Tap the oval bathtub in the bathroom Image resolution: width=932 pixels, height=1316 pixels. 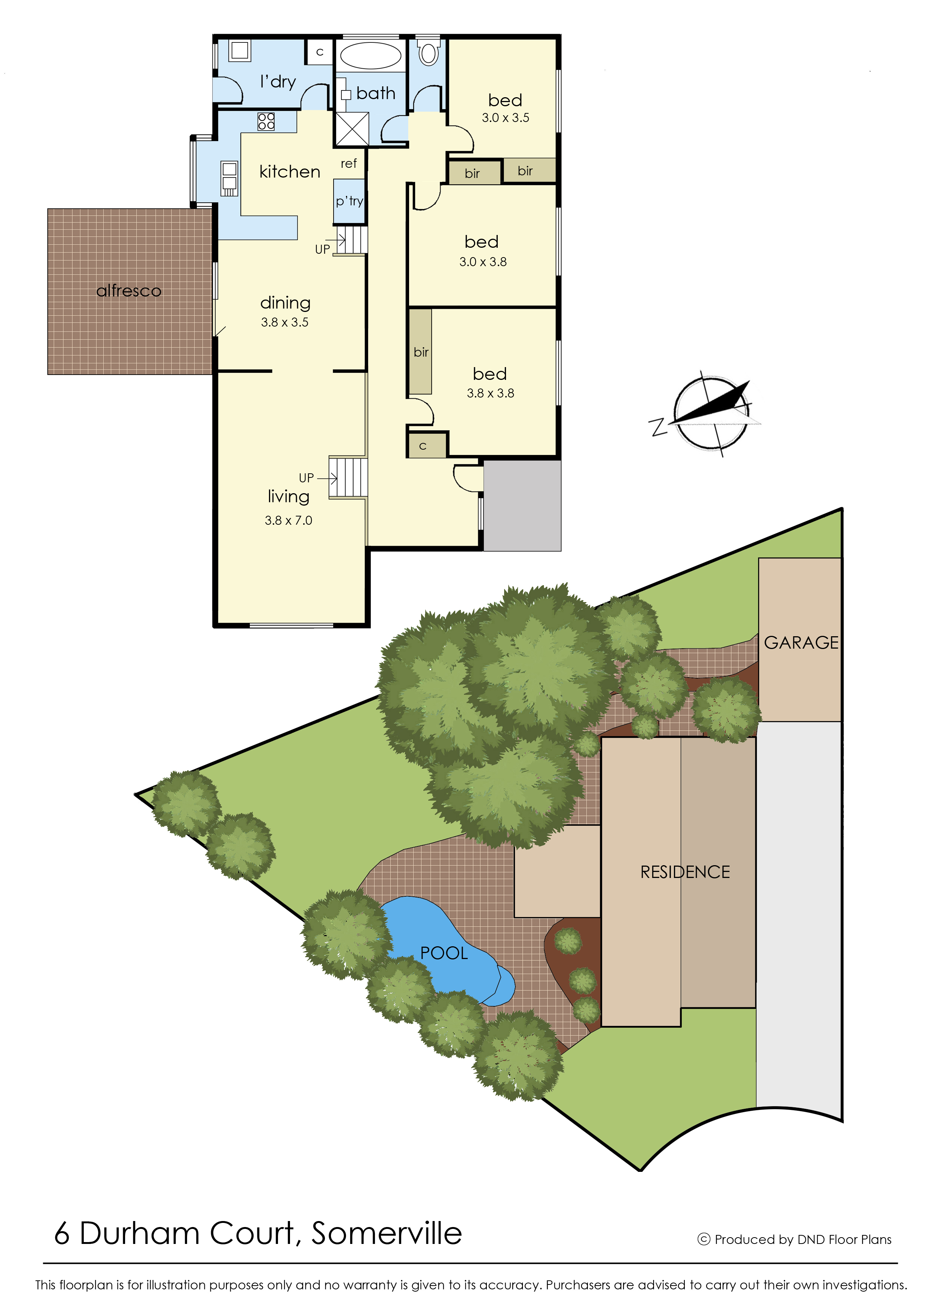371,56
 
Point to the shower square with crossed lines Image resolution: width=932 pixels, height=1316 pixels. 352,129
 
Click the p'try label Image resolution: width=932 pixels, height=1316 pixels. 349,201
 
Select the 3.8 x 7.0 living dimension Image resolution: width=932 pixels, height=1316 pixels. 288,520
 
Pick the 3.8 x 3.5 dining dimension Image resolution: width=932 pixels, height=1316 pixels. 285,322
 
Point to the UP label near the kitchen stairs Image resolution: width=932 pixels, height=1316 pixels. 323,250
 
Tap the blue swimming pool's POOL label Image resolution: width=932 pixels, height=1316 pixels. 444,953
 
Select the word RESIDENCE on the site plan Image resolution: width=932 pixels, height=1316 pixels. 685,872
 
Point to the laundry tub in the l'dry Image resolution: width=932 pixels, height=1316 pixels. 240,50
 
